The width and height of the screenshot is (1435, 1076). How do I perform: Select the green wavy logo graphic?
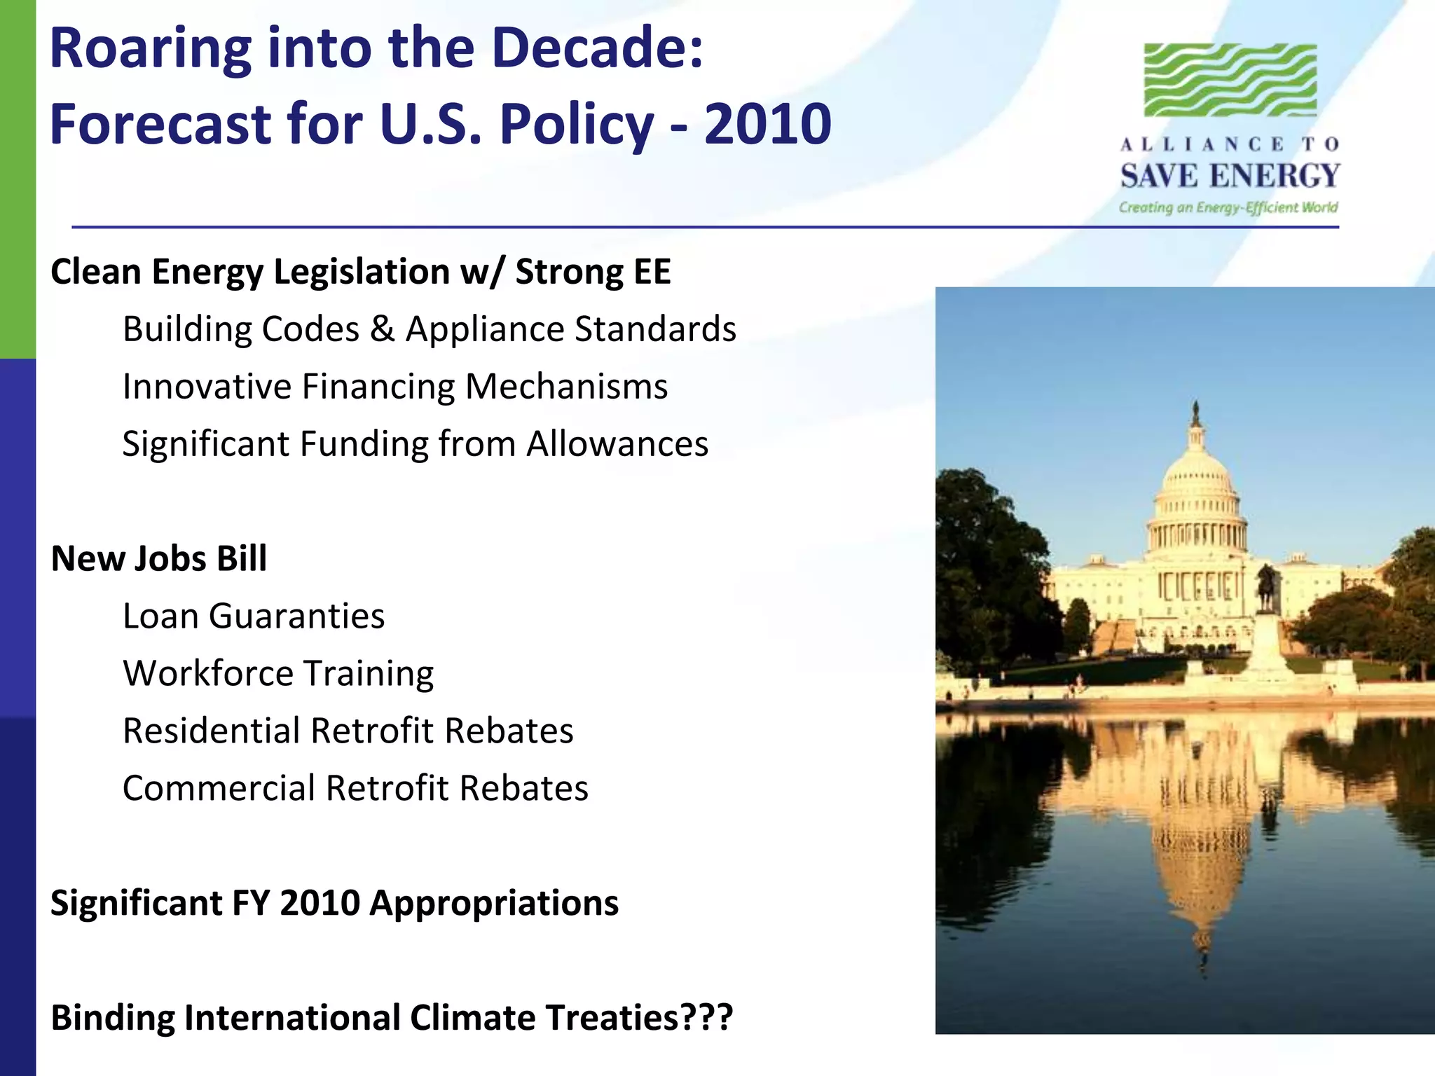1230,80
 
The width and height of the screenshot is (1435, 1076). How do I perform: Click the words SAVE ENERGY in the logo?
1230,175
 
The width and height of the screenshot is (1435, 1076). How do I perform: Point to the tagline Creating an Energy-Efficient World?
1228,207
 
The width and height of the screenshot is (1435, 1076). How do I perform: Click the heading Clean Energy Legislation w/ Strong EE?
361,272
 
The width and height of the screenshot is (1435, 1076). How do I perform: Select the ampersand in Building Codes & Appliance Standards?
382,329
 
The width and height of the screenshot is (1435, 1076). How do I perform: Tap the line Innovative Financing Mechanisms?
395,387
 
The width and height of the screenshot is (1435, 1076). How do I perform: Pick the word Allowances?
617,444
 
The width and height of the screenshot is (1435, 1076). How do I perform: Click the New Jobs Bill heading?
159,559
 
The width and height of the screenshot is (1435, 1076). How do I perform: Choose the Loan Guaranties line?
254,616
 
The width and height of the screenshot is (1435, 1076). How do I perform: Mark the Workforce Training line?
278,674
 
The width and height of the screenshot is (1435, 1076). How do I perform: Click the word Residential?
211,731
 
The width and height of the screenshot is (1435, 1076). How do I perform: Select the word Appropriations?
494,903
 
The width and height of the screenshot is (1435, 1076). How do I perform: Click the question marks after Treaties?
707,1018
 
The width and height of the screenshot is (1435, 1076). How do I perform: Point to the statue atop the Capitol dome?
1196,413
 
